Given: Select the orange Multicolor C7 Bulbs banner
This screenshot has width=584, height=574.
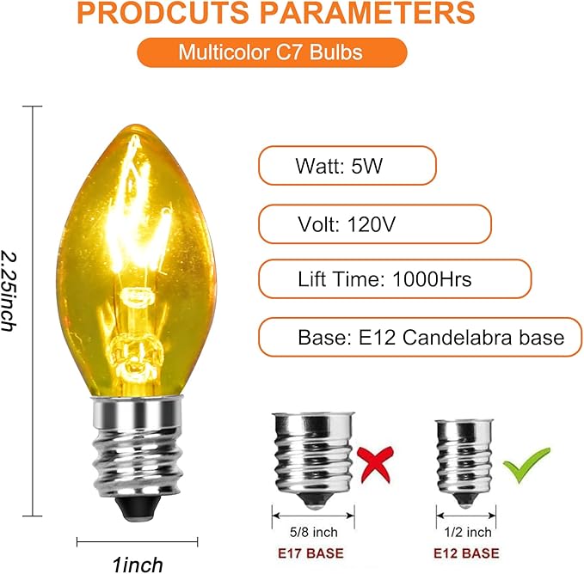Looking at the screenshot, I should click(271, 52).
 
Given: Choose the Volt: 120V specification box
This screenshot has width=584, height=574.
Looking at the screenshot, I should click(374, 225).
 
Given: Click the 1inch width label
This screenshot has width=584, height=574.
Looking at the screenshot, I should click(138, 565).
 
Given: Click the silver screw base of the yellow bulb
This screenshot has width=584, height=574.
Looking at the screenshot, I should click(138, 447).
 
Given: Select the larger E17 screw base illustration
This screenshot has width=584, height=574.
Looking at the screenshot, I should click(311, 455).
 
